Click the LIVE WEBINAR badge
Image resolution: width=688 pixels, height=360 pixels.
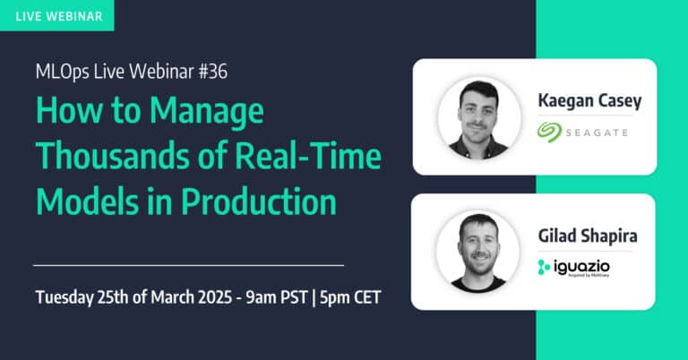click(x=57, y=16)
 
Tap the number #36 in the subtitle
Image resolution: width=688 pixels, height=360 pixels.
click(x=213, y=72)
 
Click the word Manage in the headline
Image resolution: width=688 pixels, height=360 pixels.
click(x=207, y=111)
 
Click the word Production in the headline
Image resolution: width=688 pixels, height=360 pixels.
click(x=259, y=201)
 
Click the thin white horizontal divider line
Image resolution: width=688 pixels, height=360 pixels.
click(x=189, y=265)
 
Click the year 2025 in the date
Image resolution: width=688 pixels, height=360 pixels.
click(x=215, y=297)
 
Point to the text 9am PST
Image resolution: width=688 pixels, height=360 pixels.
click(x=277, y=297)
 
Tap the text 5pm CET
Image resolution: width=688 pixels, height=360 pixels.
click(x=350, y=297)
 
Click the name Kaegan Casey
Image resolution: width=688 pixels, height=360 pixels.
click(x=589, y=101)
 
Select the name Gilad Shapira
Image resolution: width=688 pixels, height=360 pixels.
click(x=588, y=236)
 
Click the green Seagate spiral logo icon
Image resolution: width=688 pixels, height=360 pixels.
click(x=549, y=132)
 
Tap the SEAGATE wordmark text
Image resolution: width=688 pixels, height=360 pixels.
click(x=597, y=133)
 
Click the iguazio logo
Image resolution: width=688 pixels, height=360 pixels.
click(x=573, y=268)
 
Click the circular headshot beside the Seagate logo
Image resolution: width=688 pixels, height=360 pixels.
click(x=479, y=118)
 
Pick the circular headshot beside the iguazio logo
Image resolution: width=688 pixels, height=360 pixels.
click(x=477, y=252)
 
